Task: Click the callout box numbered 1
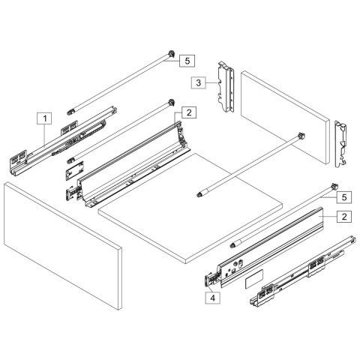point(45,118)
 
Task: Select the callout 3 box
point(198,82)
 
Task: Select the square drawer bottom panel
point(191,203)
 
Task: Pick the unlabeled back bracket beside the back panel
point(342,142)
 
